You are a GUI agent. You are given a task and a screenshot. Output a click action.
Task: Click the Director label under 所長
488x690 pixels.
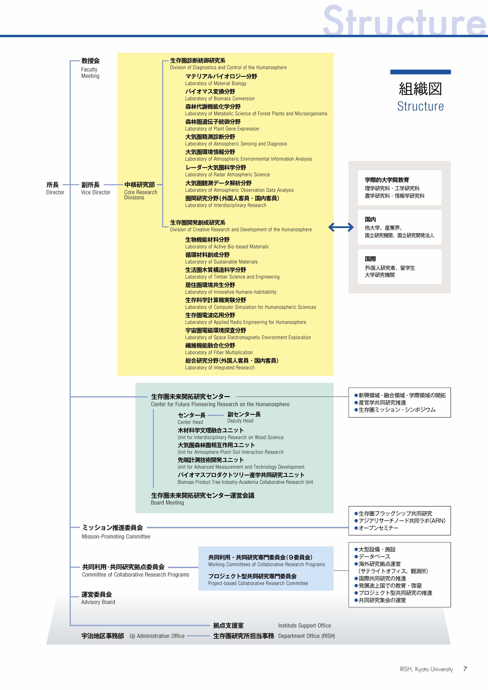coord(55,192)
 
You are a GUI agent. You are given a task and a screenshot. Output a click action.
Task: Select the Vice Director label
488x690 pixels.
coord(96,192)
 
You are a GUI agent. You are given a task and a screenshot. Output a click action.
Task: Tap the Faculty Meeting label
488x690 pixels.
coord(90,73)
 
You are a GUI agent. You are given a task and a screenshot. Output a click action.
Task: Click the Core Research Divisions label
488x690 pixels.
coord(141,195)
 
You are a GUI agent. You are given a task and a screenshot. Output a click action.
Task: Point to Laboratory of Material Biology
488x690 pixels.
coord(216,84)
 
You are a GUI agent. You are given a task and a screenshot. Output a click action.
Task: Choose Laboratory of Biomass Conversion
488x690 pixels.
coord(220,99)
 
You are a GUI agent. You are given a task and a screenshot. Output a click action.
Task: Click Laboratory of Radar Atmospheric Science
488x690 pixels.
coord(227,175)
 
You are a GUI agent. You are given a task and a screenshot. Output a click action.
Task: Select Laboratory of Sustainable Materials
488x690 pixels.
coord(221,262)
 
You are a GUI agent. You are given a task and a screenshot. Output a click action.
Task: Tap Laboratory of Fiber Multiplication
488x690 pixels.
coord(219,353)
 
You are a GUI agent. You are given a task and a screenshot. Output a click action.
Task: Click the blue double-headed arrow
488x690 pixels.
coord(341,227)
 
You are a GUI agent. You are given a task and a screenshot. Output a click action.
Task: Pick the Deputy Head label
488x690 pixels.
coord(240,421)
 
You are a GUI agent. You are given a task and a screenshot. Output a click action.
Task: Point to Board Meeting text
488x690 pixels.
coord(167,502)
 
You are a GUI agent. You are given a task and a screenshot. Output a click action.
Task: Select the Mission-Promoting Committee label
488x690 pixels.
coord(116,536)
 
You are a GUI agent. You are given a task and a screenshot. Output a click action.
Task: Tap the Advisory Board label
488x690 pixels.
coord(98,602)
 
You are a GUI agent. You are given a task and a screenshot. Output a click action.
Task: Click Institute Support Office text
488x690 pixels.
coord(304,625)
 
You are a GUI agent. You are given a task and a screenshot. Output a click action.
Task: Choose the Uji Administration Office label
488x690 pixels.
coord(157,636)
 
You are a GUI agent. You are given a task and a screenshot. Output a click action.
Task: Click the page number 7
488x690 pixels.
coord(465,669)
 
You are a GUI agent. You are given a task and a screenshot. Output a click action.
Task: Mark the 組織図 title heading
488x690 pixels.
coord(420,89)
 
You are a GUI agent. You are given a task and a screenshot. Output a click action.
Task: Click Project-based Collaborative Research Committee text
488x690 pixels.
coord(258,583)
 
